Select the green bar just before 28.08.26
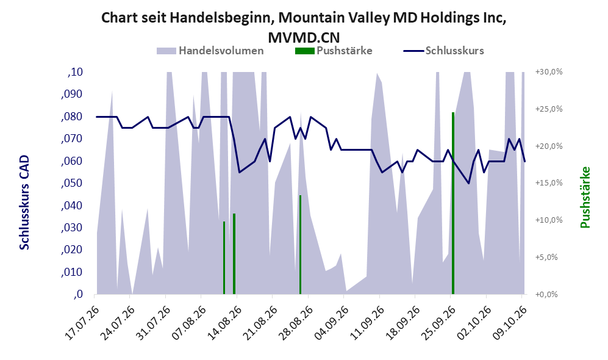tap(300, 245)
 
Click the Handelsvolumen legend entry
tap(210, 51)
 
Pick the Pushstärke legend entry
tap(334, 51)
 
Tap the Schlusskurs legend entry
tap(443, 51)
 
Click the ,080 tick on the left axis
tap(72, 117)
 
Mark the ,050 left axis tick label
tap(72, 182)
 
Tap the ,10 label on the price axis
tap(75, 72)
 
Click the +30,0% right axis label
tap(549, 72)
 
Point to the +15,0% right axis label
tap(549, 182)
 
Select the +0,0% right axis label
tap(546, 295)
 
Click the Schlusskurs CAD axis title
tap(24, 203)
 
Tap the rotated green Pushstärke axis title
tap(585, 198)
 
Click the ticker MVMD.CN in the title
tap(304, 38)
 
